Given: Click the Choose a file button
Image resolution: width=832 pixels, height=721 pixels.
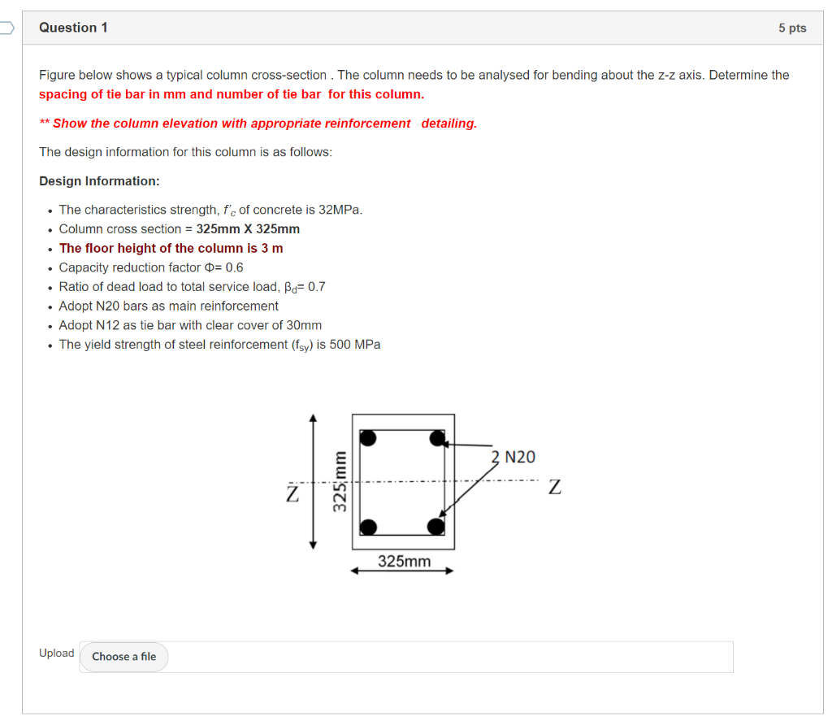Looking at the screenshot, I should point(123,657).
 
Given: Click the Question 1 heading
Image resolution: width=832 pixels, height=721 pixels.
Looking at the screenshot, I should point(73,28).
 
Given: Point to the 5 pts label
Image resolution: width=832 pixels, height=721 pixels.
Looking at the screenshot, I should point(791,28).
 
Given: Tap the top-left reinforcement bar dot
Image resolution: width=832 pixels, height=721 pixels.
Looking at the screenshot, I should point(369,438).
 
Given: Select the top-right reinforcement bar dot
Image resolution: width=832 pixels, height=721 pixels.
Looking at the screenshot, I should point(437,439).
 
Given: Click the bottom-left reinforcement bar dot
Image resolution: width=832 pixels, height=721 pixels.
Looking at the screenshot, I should point(369,527).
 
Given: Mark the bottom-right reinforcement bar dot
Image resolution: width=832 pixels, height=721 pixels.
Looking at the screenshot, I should point(436,526).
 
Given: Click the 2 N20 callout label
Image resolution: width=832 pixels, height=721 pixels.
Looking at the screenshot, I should point(513,457).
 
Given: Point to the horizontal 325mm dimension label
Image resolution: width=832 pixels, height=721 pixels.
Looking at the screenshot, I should point(404,562).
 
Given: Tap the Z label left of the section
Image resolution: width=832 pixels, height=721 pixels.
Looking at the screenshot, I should point(290,493).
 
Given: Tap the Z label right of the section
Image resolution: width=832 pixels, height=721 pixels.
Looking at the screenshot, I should point(554,488).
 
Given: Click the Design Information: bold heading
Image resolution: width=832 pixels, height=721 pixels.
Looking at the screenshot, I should point(99,181).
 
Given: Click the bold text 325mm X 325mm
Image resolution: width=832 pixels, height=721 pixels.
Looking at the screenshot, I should point(248,229).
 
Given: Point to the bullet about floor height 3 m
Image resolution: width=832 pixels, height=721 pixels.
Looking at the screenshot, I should point(171,248).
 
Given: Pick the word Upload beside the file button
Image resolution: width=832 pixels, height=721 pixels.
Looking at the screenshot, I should point(56,654).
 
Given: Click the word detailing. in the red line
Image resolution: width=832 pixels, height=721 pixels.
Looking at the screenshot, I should point(448,124).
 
